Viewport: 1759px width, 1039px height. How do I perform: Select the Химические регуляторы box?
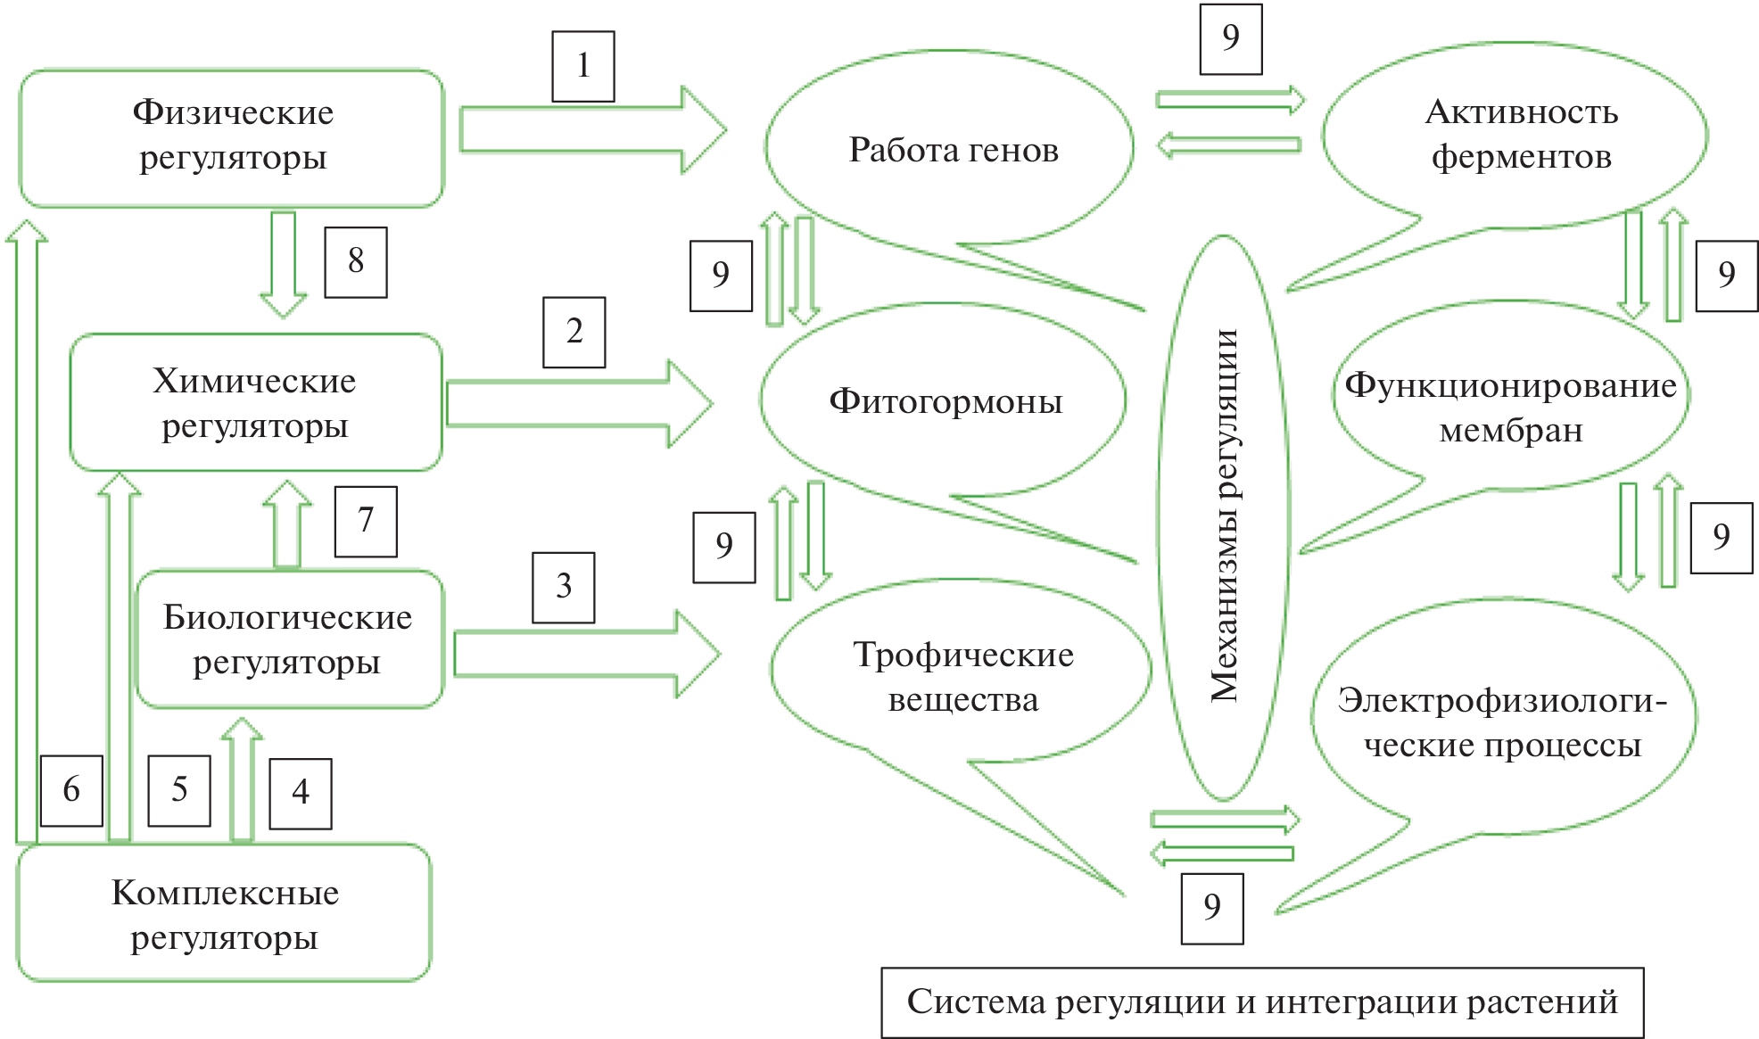pyautogui.click(x=255, y=403)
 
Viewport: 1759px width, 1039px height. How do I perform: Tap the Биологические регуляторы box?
pyautogui.click(x=288, y=639)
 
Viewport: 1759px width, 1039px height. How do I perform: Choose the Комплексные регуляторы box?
pyautogui.click(x=225, y=914)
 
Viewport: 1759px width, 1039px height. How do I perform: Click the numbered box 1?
pyautogui.click(x=583, y=66)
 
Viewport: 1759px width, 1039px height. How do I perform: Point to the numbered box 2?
pyautogui.click(x=574, y=332)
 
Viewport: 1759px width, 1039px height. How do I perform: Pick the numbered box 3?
pyautogui.click(x=564, y=587)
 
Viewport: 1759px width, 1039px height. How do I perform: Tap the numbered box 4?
pyautogui.click(x=301, y=793)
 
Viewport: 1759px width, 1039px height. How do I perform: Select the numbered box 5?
pyautogui.click(x=179, y=790)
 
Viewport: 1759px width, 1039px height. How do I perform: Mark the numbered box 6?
pyautogui.click(x=71, y=790)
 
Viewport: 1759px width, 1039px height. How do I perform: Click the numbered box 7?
pyautogui.click(x=366, y=521)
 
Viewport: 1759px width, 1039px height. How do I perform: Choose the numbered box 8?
pyautogui.click(x=356, y=261)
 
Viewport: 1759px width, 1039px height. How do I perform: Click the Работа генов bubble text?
pyautogui.click(x=954, y=150)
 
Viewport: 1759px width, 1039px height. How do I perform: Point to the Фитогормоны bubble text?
pyautogui.click(x=946, y=401)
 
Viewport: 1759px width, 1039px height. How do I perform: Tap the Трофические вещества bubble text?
pyautogui.click(x=963, y=677)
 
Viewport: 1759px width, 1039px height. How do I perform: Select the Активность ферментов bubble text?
pyautogui.click(x=1522, y=134)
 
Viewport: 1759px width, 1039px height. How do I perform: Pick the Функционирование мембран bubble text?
pyautogui.click(x=1511, y=408)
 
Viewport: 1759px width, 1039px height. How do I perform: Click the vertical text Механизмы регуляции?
pyautogui.click(x=1224, y=515)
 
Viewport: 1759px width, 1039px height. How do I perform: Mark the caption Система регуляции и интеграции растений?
pyautogui.click(x=1262, y=1002)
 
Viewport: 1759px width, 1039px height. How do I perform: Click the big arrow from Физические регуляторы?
pyautogui.click(x=589, y=130)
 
